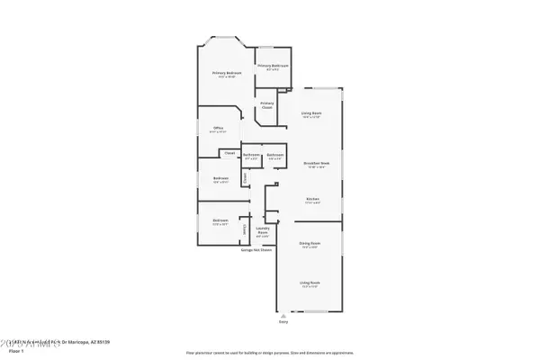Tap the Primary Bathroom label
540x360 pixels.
(x=274, y=67)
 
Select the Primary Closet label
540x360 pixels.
(x=267, y=104)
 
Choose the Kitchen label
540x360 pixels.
(x=312, y=201)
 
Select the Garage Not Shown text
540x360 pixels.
(x=257, y=249)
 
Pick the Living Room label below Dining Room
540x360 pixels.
(x=310, y=283)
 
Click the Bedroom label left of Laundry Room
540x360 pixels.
(x=220, y=221)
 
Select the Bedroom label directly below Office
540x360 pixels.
(x=220, y=179)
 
